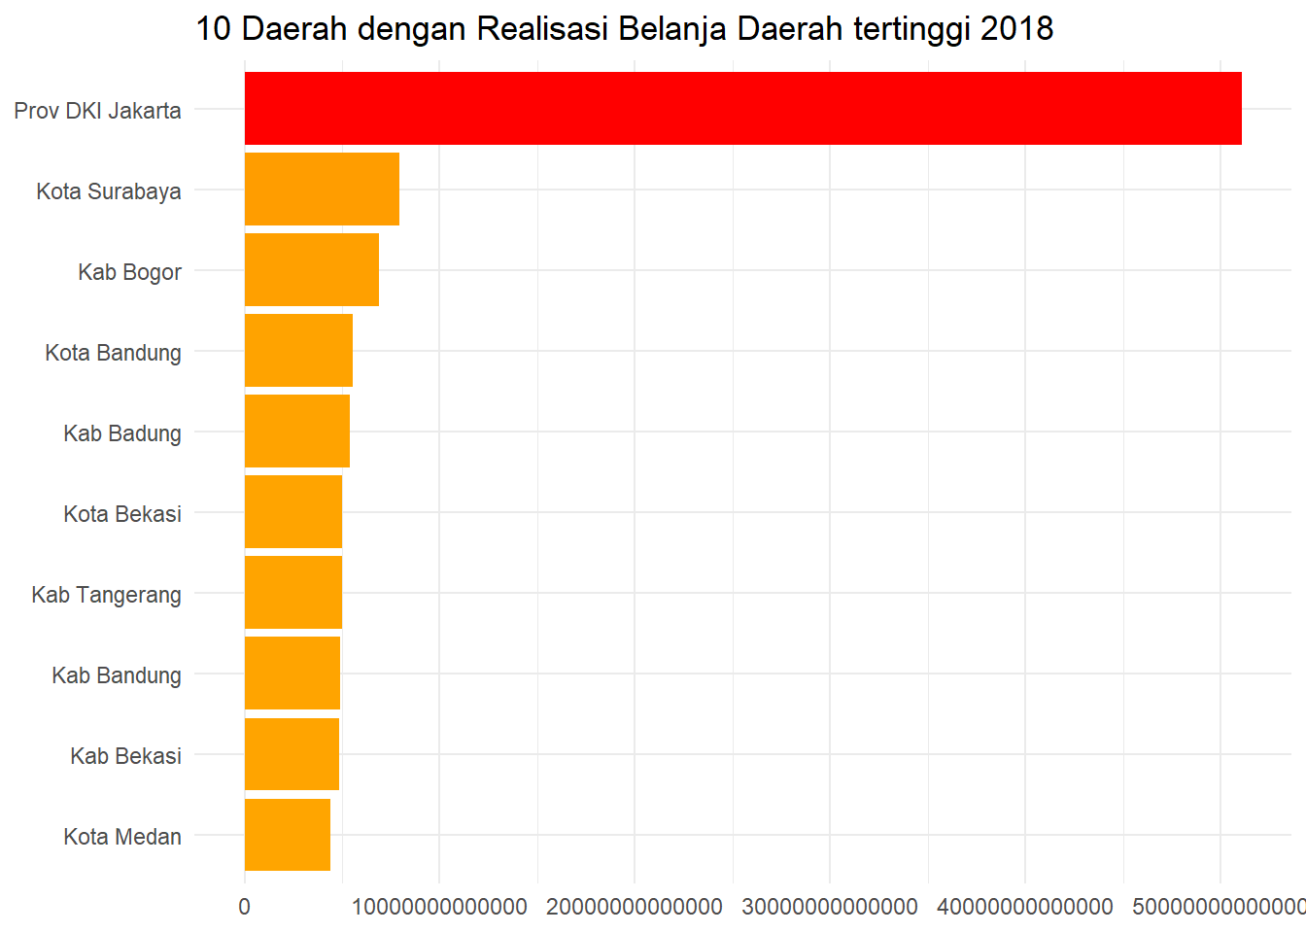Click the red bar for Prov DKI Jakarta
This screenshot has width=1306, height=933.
click(x=742, y=109)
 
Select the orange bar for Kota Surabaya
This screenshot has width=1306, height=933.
click(x=322, y=190)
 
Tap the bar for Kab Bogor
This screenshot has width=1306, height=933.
click(x=311, y=270)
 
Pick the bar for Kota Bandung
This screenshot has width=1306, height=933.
click(x=298, y=351)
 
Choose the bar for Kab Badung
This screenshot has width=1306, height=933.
click(x=296, y=432)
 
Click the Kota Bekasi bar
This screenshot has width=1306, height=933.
click(x=292, y=512)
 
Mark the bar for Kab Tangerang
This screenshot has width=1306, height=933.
click(x=292, y=593)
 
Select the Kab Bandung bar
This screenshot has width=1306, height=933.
click(x=292, y=674)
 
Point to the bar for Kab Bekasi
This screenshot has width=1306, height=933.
click(x=292, y=754)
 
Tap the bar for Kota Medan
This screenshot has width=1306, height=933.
click(x=287, y=835)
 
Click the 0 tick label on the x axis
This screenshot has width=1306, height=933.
click(x=244, y=907)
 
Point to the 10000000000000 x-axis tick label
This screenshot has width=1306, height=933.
click(x=439, y=907)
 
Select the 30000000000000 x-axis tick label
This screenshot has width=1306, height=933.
click(x=830, y=907)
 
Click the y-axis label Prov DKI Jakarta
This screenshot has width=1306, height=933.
click(x=97, y=111)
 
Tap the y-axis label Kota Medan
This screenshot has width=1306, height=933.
click(x=122, y=837)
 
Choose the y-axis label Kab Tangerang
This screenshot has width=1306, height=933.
click(x=106, y=595)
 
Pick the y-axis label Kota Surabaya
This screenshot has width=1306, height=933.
click(x=109, y=191)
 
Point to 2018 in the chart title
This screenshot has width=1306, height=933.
click(x=1016, y=29)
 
